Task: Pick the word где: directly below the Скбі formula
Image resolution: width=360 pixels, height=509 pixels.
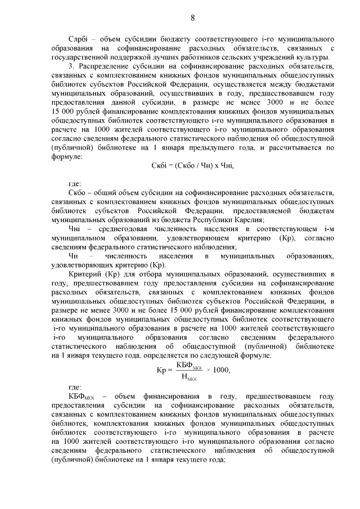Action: click(x=75, y=183)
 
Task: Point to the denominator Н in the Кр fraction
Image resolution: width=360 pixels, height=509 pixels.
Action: click(x=183, y=377)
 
